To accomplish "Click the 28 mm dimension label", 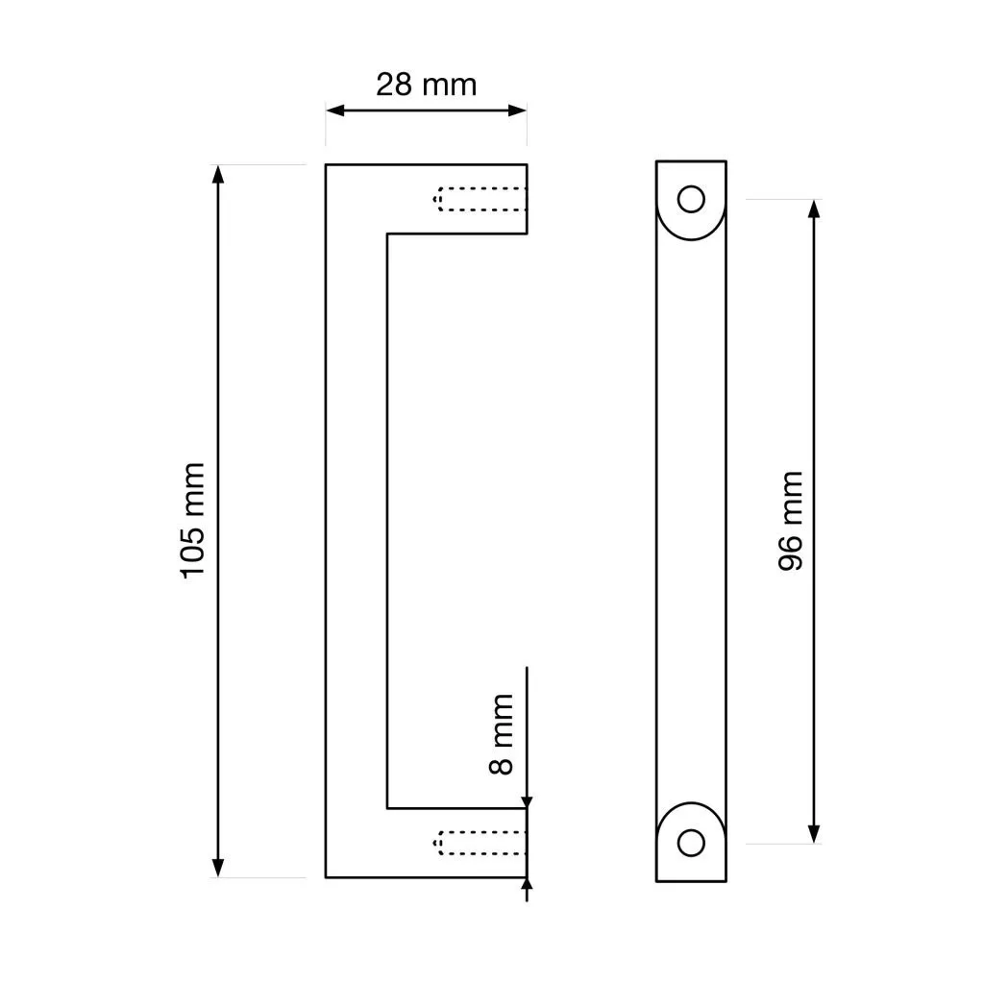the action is tap(426, 85).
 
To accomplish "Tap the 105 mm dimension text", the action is tap(192, 520).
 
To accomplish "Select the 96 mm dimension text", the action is tap(790, 520).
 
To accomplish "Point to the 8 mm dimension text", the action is tap(501, 733).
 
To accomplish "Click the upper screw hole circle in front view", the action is tap(691, 199).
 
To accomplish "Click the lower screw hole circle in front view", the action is tap(691, 843).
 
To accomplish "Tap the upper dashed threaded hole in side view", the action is tap(480, 199).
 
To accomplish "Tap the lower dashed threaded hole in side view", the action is tap(480, 843).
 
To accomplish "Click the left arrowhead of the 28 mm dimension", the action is tap(335, 111).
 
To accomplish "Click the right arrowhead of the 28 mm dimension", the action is tap(517, 111).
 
